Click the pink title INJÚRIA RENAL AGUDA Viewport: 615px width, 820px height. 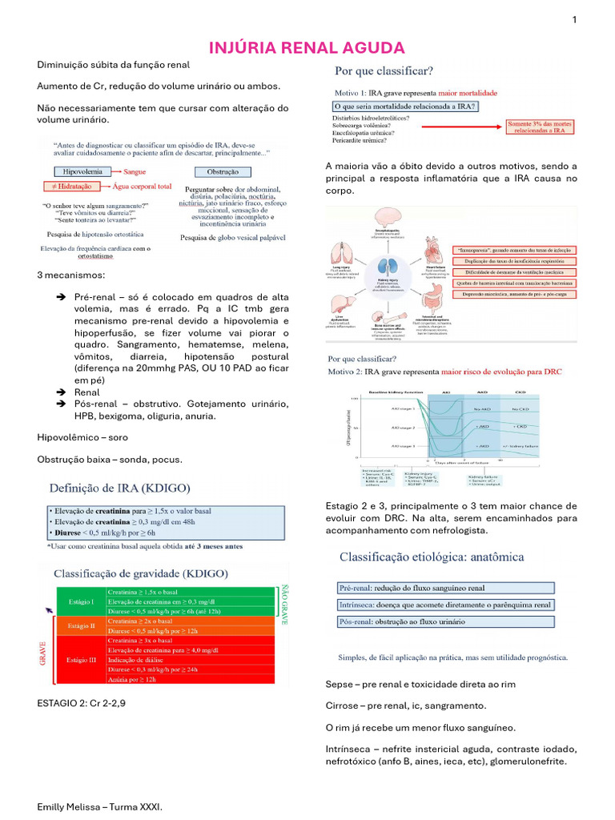click(307, 48)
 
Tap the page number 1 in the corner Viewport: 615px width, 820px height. click(574, 20)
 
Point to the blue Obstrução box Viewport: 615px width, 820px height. click(222, 171)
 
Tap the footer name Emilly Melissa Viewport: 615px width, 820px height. click(99, 808)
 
